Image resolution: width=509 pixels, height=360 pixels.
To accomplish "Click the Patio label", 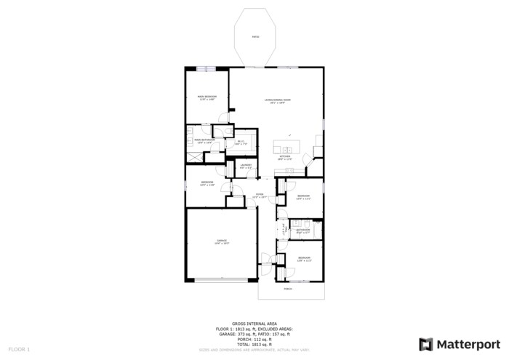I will tap(255, 36).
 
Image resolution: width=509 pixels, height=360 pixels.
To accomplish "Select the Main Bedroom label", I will tap(206, 97).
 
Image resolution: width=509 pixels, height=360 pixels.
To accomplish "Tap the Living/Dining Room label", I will tap(277, 101).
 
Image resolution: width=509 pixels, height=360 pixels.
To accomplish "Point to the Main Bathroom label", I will tap(203, 140).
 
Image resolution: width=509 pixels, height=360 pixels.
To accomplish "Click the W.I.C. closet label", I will tap(241, 143).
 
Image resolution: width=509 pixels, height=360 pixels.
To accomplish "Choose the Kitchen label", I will tap(286, 157).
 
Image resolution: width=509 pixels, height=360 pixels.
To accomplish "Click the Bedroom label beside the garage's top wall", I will tap(207, 183).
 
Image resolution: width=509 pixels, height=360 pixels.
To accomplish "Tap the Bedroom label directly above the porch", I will tap(304, 258).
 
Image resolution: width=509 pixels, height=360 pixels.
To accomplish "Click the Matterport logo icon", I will tap(426, 344).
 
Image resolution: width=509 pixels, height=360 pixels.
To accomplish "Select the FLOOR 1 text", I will tap(19, 350).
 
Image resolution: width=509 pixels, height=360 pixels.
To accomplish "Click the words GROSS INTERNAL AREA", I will tap(254, 324).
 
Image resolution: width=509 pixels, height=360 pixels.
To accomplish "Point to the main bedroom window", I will tap(206, 69).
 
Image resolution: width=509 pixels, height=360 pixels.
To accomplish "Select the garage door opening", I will tap(222, 280).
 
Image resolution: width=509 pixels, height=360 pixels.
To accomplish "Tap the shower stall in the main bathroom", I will tap(194, 156).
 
